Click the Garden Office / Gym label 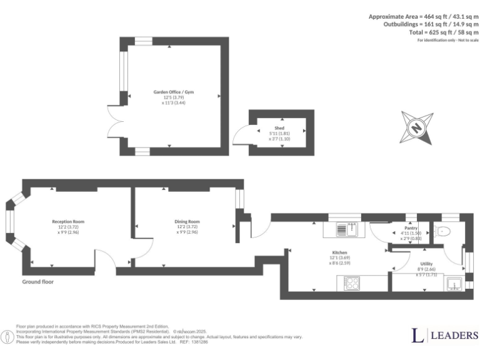pos(174,92)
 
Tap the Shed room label pos(279,127)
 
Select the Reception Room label pos(68,221)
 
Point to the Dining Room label pos(187,221)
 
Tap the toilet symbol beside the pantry pos(443,231)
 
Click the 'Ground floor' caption pos(37,282)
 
